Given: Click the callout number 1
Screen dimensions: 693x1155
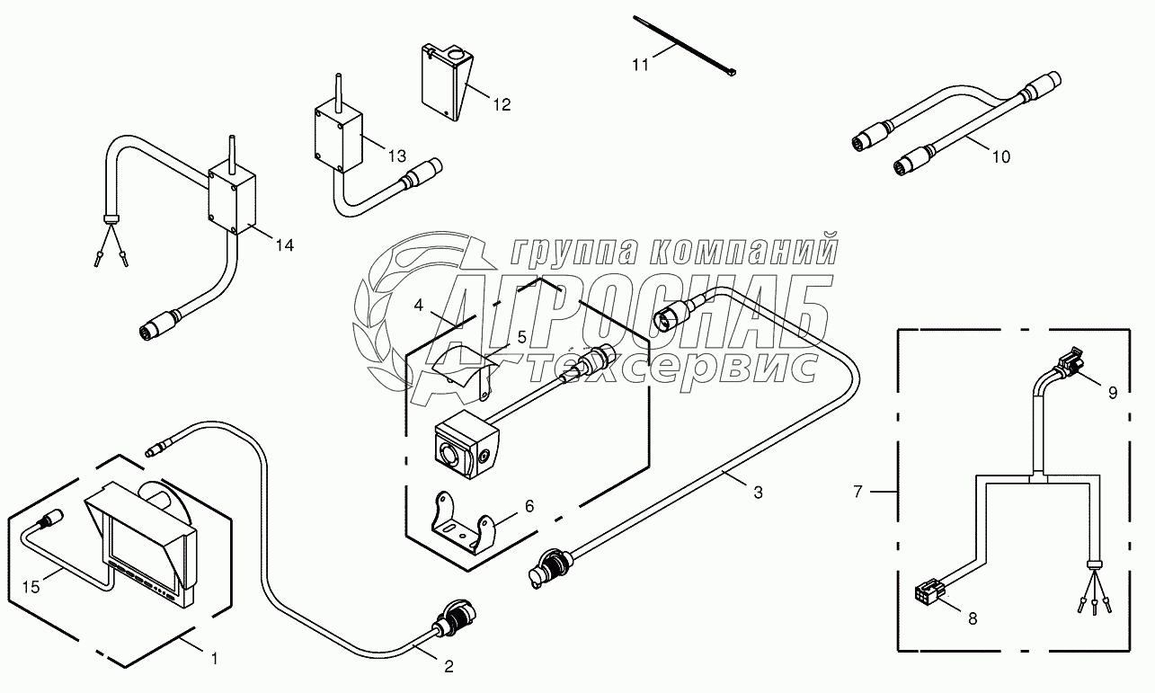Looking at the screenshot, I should (x=214, y=659).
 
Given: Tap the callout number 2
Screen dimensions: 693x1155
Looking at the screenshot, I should (x=449, y=666).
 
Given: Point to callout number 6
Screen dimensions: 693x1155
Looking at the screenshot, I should (x=529, y=506).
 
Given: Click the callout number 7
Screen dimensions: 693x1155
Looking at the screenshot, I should (x=859, y=492).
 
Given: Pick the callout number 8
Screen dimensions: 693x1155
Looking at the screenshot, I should (x=972, y=618).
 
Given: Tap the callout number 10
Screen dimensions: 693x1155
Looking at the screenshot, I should (x=1000, y=156).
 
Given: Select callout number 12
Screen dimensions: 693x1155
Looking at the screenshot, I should (x=502, y=104).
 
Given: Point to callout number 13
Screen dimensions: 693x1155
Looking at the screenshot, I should (x=396, y=156).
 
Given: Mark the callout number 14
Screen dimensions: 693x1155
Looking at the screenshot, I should (x=284, y=244).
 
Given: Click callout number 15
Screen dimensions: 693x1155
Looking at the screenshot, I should (x=31, y=588).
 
